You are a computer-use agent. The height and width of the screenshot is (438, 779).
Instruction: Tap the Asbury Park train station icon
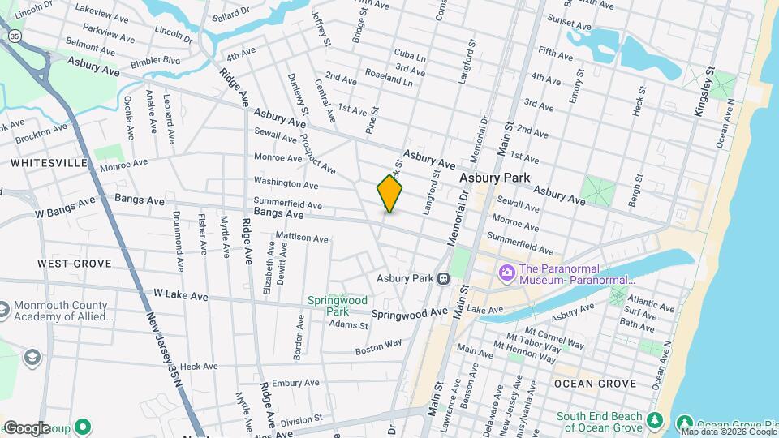click(x=444, y=278)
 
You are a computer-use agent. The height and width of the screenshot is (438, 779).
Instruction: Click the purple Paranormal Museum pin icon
click(x=507, y=272)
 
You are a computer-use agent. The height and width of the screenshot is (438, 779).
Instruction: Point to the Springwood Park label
click(x=332, y=305)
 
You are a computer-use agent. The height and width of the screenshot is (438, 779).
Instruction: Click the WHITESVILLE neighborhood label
click(x=49, y=163)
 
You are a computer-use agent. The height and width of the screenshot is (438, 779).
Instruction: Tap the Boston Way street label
click(x=378, y=347)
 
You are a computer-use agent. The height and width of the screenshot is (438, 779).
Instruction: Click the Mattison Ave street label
click(x=302, y=238)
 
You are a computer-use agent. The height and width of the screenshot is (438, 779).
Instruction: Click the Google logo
click(x=27, y=427)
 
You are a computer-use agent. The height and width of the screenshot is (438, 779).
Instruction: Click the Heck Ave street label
click(x=199, y=367)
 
